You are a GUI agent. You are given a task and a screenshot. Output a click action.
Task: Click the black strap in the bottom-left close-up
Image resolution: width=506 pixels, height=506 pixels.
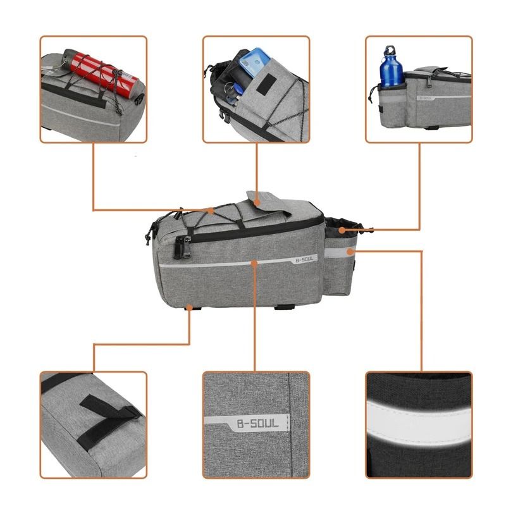click(108, 412)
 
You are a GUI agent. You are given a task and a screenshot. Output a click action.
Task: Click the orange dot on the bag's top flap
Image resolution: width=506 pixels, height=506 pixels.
click(258, 204)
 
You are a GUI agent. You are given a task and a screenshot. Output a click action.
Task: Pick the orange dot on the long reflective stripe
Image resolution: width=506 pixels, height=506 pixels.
click(255, 261)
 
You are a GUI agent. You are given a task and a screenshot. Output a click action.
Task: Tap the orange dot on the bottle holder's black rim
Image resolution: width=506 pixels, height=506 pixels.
click(342, 229)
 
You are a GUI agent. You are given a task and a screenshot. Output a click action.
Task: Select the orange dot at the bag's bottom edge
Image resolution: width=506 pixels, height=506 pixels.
click(190, 309)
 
